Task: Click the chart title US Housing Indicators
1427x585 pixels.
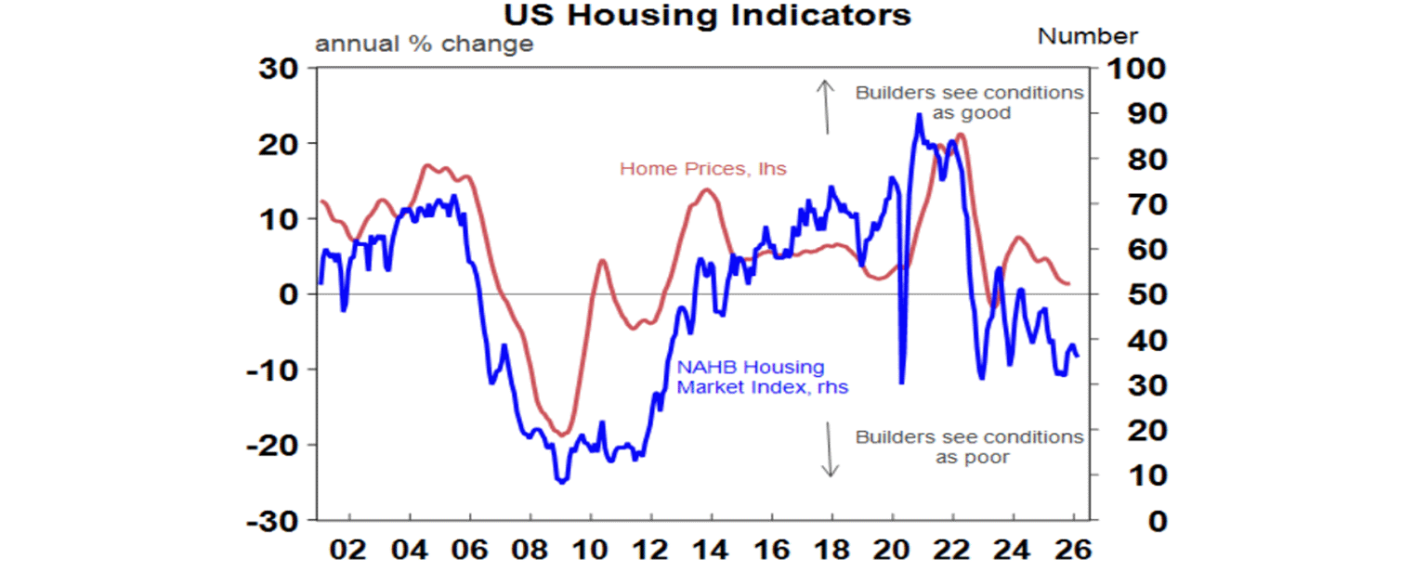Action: pyautogui.click(x=707, y=15)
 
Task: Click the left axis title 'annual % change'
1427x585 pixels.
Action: pyautogui.click(x=425, y=44)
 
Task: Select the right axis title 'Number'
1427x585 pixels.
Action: pyautogui.click(x=1087, y=36)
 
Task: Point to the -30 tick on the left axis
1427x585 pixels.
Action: pyautogui.click(x=274, y=521)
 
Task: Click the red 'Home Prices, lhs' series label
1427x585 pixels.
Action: pyautogui.click(x=702, y=169)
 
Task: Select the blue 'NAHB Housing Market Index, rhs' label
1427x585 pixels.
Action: pyautogui.click(x=762, y=378)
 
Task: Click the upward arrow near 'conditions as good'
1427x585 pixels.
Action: pyautogui.click(x=824, y=107)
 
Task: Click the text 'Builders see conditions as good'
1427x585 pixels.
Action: pyautogui.click(x=969, y=103)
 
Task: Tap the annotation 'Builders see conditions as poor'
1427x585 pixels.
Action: pyautogui.click(x=969, y=447)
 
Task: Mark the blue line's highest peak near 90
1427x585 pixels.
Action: pyautogui.click(x=919, y=114)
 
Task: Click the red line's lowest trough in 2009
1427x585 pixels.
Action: pyautogui.click(x=561, y=435)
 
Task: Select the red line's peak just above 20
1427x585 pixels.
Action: pyautogui.click(x=960, y=135)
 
